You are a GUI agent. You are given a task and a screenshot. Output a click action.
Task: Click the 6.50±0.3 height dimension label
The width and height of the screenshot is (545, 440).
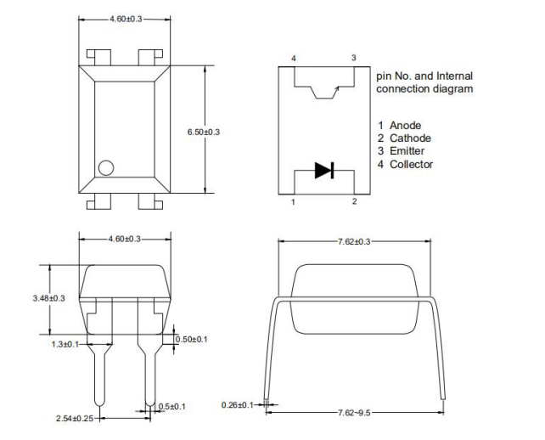204,132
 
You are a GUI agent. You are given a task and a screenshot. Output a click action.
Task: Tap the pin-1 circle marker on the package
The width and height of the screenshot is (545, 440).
106,167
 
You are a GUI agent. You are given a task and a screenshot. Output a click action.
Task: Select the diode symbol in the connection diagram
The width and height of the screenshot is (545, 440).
324,170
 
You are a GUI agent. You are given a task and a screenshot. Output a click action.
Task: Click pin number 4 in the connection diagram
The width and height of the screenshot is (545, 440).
293,58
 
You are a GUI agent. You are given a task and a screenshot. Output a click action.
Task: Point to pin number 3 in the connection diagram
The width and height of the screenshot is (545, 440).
354,58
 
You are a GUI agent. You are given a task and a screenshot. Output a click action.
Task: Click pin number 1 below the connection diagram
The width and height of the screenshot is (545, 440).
293,201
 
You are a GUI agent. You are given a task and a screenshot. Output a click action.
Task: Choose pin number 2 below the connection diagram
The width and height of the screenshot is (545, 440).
355,201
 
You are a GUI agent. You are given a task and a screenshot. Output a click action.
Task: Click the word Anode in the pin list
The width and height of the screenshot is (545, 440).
405,126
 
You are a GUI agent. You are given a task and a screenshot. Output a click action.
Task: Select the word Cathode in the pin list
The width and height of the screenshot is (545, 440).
410,138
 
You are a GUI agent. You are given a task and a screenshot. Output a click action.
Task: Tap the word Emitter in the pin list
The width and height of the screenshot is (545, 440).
407,151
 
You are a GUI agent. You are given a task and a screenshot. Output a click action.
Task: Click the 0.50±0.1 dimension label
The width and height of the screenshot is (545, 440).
192,339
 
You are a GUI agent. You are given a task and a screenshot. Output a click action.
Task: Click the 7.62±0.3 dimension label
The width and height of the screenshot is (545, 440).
354,241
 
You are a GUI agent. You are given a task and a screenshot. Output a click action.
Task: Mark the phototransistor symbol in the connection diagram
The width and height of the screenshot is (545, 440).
324,89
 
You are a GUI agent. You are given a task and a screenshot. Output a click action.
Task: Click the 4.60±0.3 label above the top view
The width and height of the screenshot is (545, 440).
125,18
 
